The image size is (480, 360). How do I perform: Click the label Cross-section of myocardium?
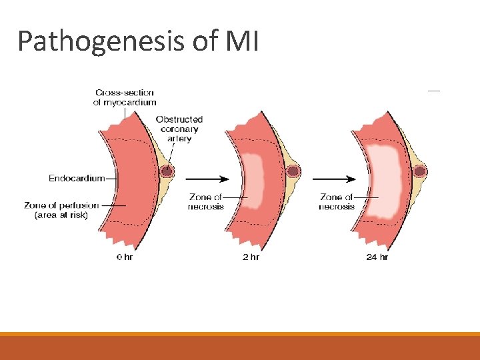click(125, 97)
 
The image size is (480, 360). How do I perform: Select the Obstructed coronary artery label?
click(179, 129)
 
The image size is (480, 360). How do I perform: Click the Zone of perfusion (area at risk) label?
click(61, 210)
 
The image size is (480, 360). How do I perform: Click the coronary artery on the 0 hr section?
click(167, 171)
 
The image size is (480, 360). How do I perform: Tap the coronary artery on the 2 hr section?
click(293, 171)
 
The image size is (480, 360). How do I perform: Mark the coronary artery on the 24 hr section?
click(419, 171)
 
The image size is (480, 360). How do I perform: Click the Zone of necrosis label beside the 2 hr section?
click(206, 202)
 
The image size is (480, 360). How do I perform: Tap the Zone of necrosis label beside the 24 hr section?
click(337, 202)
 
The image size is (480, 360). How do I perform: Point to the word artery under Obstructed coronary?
click(179, 139)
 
